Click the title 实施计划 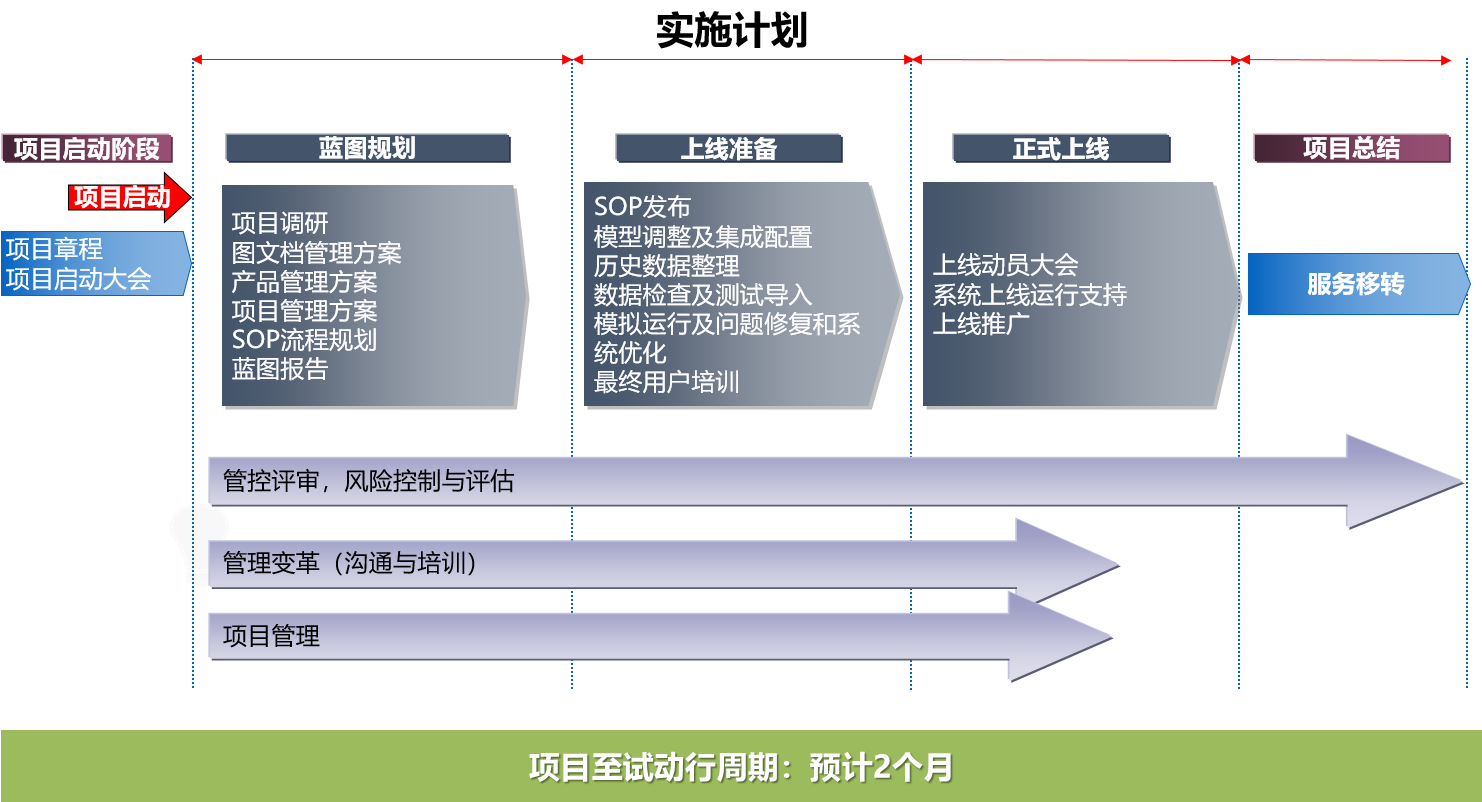(732, 30)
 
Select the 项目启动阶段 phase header (87, 148)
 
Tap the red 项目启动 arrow (130, 197)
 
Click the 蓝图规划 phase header (368, 148)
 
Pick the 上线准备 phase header (729, 148)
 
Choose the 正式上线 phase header (1061, 148)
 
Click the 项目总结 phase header (1352, 148)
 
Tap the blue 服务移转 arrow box (1358, 284)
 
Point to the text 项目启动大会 (79, 279)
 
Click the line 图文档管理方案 (317, 253)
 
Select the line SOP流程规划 (304, 340)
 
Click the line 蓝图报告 (280, 369)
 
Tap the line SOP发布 (642, 207)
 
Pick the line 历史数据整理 (666, 266)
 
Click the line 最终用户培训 (666, 382)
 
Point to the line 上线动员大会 (1006, 265)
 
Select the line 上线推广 (981, 324)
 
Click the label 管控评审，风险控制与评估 (369, 481)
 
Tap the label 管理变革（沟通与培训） (350, 563)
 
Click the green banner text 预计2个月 (881, 768)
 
